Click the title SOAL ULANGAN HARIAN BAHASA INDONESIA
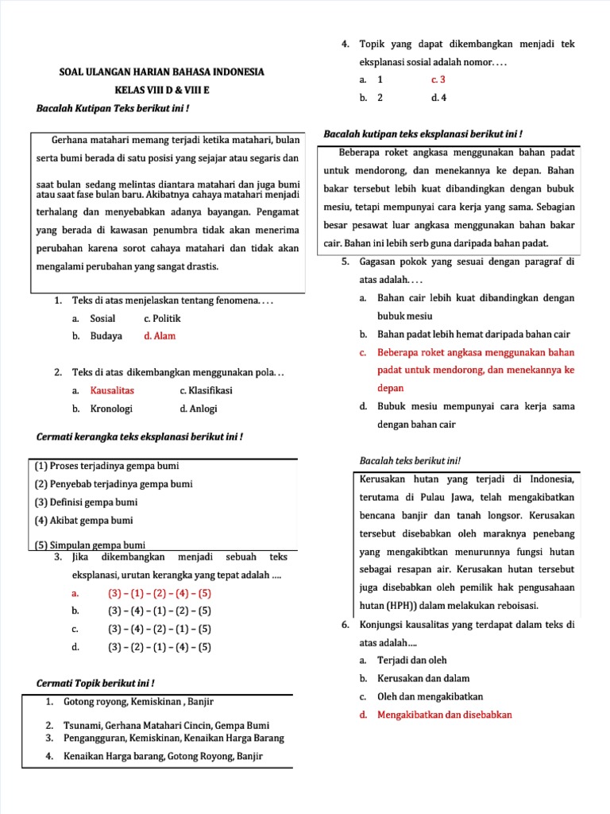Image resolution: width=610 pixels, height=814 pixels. (162, 72)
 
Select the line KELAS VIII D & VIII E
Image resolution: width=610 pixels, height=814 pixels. (162, 90)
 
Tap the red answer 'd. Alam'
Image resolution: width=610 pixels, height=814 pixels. (159, 336)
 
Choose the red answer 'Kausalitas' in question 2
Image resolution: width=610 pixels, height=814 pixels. (112, 390)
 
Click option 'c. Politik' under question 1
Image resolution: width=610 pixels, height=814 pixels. (162, 318)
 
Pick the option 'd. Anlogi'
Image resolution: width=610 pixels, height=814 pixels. (198, 409)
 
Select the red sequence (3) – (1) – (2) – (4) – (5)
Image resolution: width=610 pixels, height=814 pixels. (159, 593)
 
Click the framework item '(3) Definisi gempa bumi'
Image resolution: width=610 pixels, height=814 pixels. (86, 502)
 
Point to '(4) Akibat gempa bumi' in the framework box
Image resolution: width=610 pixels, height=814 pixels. (83, 521)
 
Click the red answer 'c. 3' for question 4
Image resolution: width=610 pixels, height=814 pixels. (438, 79)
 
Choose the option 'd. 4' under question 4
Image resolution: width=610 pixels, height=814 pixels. (438, 98)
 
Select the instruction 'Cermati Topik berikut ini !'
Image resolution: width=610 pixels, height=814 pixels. (96, 683)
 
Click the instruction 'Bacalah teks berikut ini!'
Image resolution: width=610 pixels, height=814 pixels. (410, 461)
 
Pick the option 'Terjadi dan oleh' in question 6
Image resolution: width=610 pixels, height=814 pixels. (411, 660)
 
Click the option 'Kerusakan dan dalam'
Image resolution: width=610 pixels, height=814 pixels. (423, 678)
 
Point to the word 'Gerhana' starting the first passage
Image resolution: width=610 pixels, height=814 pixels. (69, 139)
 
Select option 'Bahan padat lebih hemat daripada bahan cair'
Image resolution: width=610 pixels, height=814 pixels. (475, 334)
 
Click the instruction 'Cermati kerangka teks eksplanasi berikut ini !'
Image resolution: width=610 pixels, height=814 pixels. (140, 436)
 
